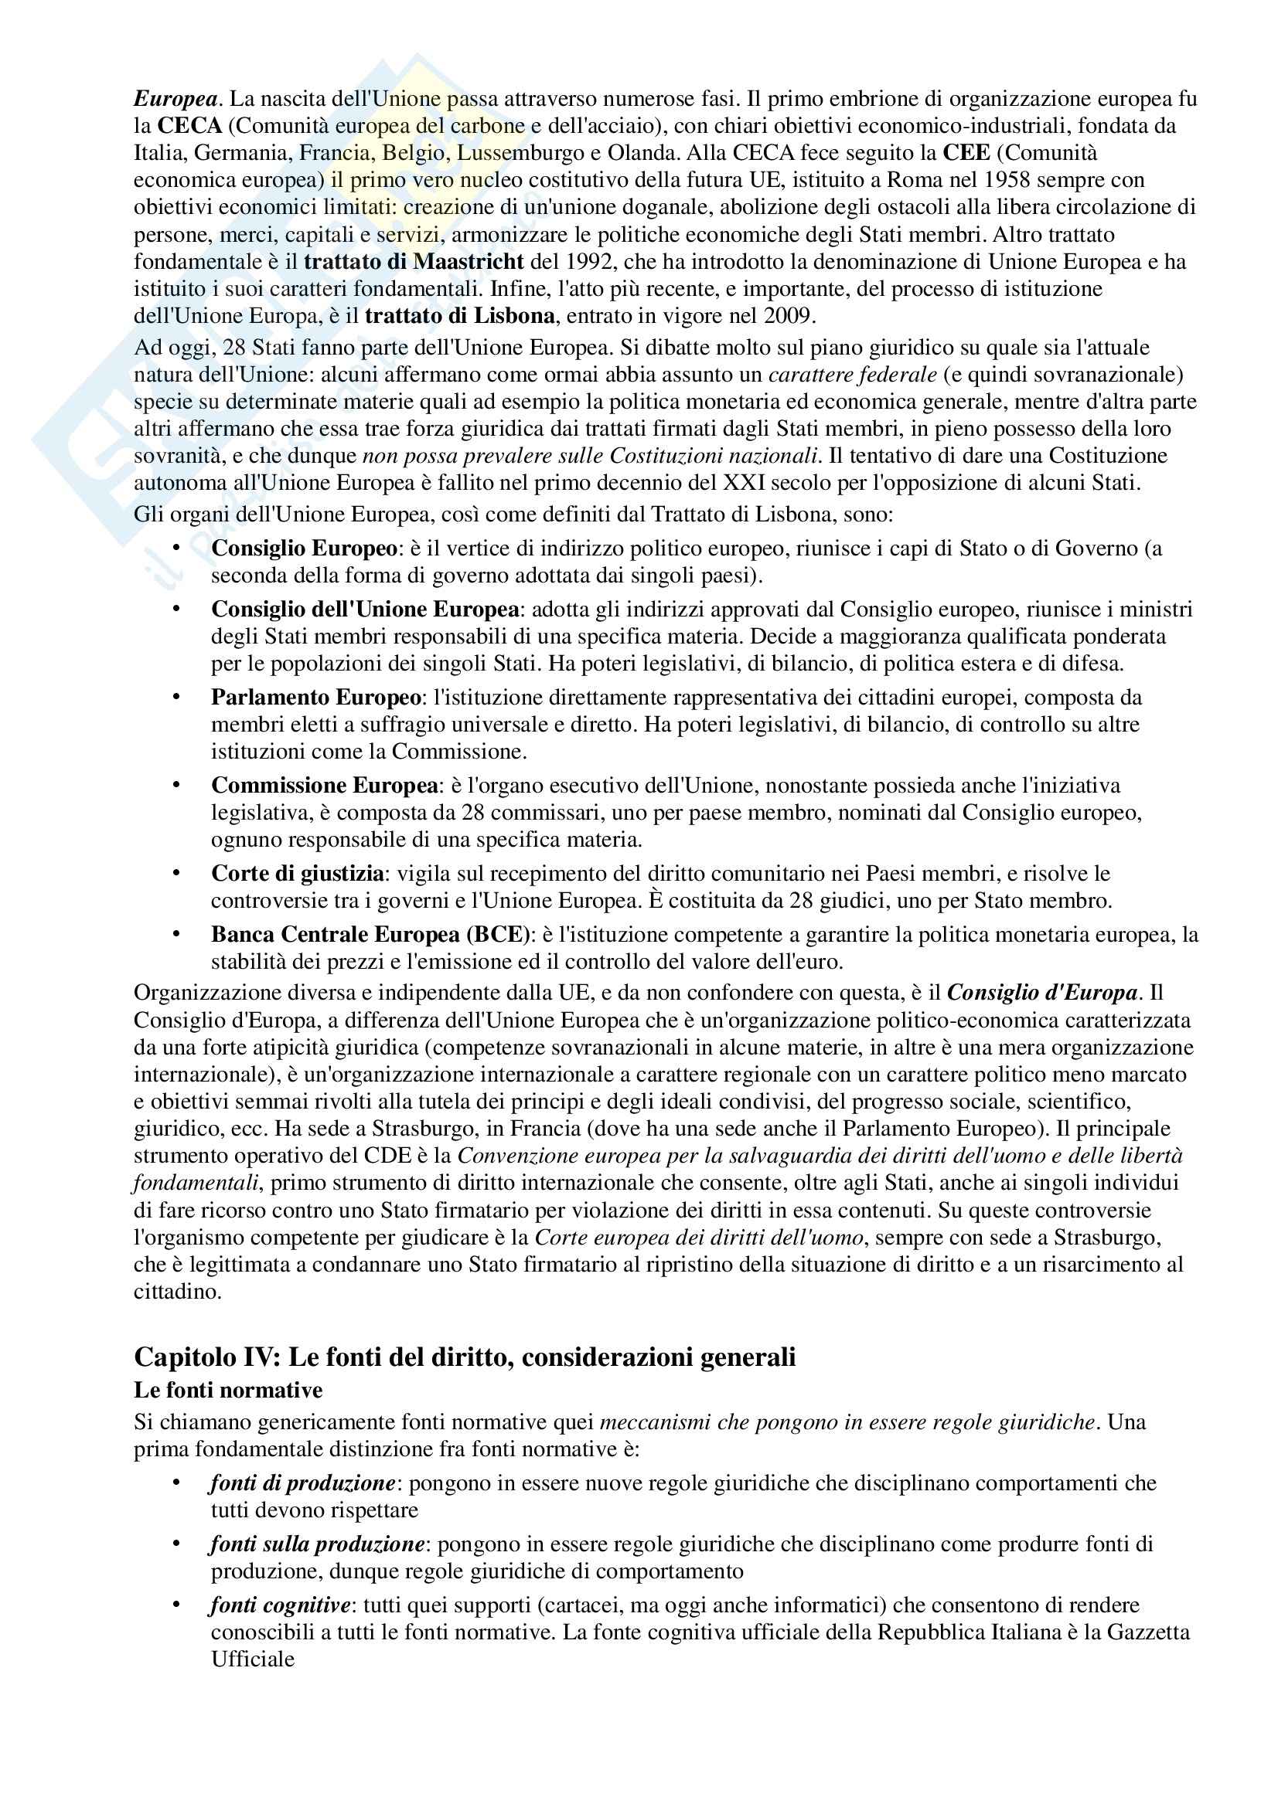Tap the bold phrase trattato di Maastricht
[414, 261]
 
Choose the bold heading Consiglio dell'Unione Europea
[366, 609]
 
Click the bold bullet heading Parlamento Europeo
[315, 698]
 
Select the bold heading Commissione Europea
[325, 786]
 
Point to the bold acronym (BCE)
[499, 934]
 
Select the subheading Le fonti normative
[228, 1391]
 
